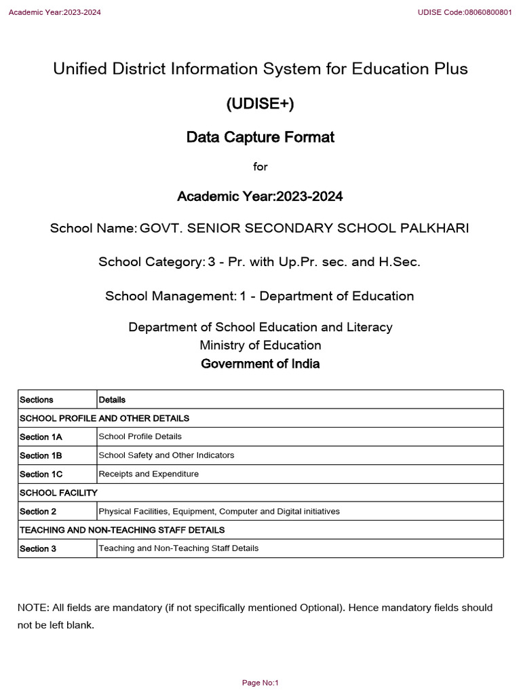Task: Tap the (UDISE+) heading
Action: [260, 104]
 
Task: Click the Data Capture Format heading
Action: [260, 138]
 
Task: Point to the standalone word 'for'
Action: [260, 167]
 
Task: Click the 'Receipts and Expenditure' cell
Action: [149, 474]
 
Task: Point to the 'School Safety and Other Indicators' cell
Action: [166, 455]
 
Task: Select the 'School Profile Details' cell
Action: [140, 436]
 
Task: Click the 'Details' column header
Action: [112, 400]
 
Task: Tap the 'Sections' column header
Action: [37, 400]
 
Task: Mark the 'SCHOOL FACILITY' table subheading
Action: [58, 493]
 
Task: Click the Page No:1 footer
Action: [260, 683]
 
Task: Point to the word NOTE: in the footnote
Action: [33, 607]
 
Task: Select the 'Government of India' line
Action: [260, 364]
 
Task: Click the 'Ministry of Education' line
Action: [260, 345]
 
